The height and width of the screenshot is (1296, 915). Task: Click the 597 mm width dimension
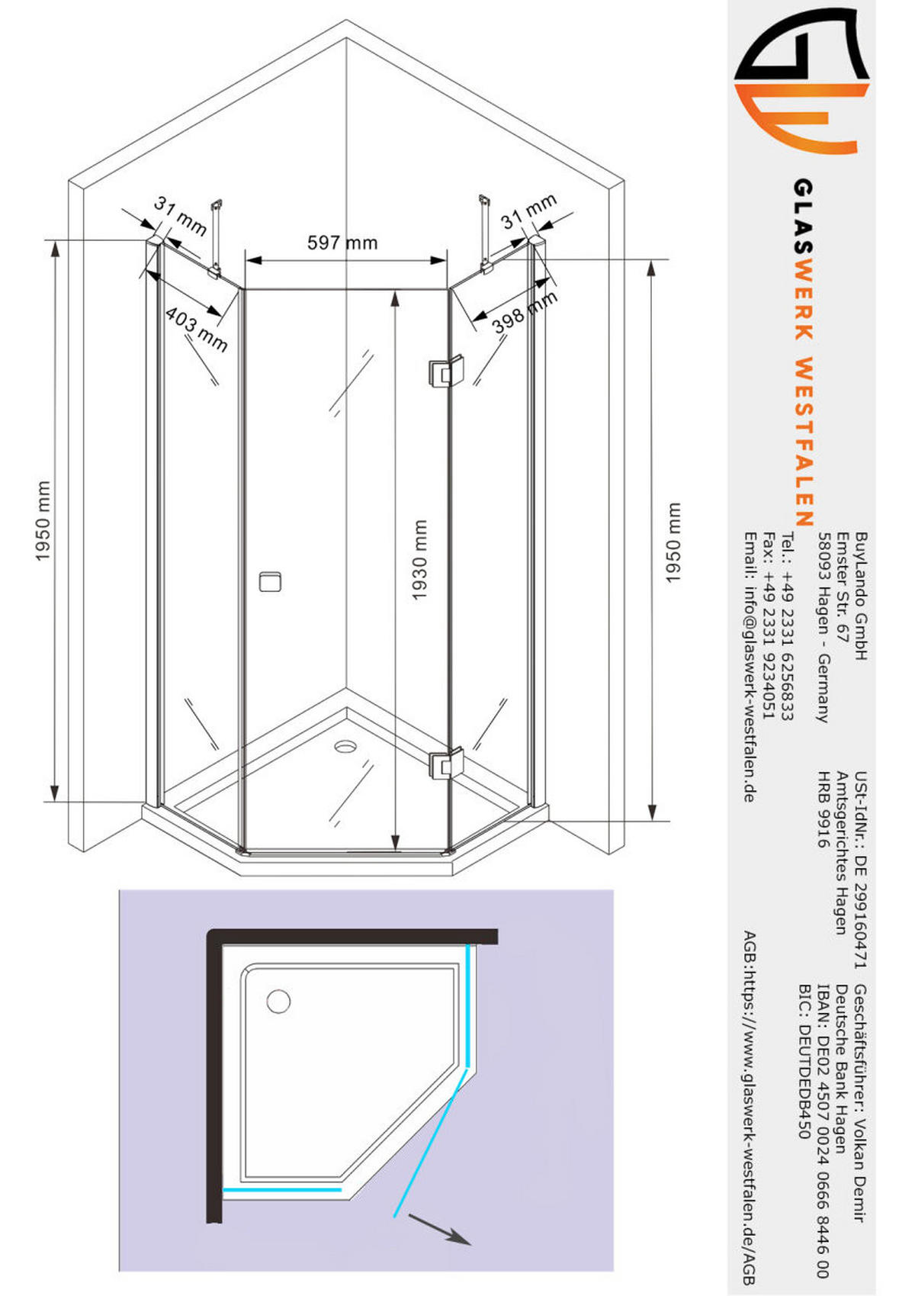tap(342, 243)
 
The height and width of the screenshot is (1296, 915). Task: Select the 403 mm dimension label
tap(196, 330)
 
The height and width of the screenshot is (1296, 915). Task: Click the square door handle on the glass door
tap(270, 581)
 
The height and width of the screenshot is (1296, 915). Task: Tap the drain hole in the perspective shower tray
tap(345, 744)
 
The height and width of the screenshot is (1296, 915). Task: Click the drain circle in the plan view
tap(278, 1001)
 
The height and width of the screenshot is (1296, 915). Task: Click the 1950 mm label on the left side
tap(43, 520)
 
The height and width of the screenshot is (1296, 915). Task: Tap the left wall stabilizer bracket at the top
tap(216, 236)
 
